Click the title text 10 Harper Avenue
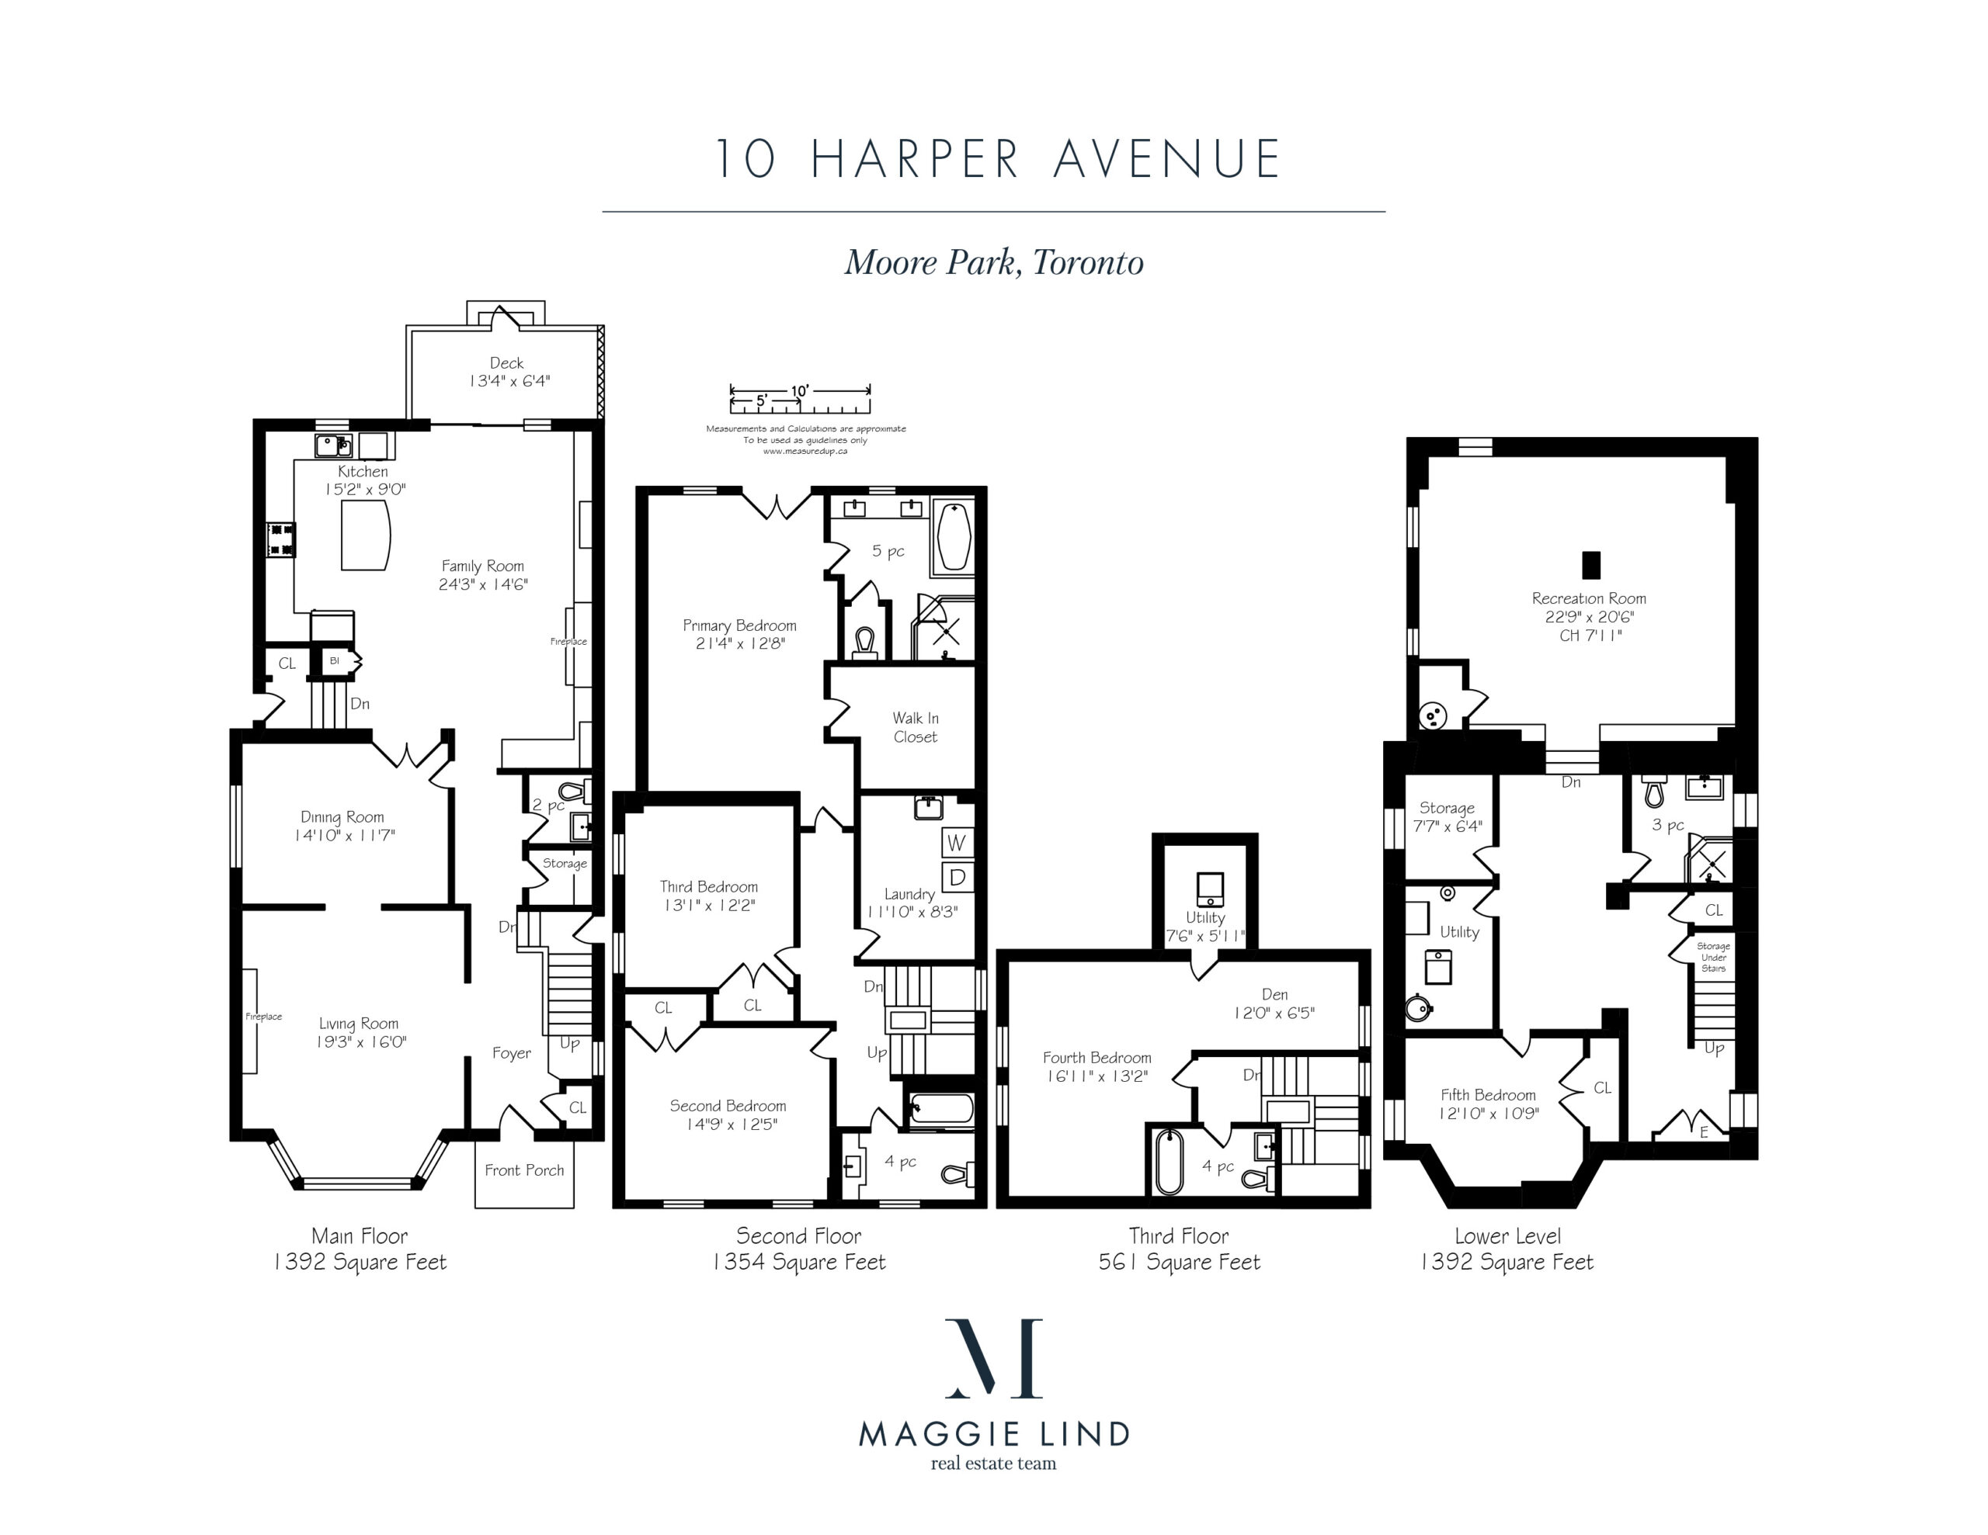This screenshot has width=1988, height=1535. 997,158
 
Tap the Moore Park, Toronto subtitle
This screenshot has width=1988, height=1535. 994,263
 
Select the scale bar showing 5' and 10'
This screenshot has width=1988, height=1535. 800,397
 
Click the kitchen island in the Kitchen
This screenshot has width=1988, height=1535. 366,534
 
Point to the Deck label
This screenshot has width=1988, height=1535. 507,363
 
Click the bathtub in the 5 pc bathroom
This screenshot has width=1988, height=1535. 953,536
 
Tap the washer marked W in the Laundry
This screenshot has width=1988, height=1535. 956,843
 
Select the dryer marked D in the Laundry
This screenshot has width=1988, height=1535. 957,878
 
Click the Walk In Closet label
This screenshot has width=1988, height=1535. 915,728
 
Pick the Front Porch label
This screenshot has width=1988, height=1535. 524,1170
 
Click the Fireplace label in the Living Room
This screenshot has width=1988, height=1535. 264,1017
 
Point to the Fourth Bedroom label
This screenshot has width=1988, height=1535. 1097,1057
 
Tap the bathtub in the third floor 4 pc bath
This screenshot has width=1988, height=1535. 1167,1161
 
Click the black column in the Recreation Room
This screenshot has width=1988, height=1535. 1590,565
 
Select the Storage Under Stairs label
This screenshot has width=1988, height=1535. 1713,957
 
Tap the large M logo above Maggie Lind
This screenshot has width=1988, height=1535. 994,1357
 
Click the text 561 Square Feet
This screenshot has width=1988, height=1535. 1179,1262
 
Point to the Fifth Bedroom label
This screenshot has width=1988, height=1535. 1488,1095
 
